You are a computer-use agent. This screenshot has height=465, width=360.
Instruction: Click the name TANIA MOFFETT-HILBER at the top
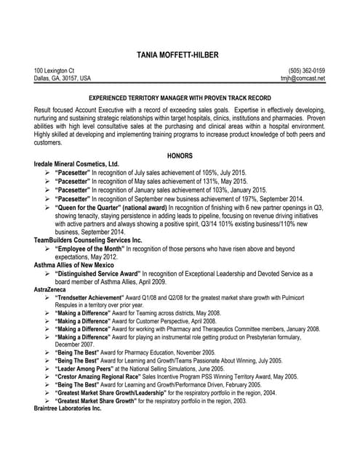[180, 54]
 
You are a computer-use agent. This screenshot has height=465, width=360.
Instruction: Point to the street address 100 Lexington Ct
[54, 70]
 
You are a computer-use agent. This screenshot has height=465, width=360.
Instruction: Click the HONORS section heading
[180, 155]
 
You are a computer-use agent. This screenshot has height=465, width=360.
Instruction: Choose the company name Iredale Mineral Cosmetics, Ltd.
[76, 164]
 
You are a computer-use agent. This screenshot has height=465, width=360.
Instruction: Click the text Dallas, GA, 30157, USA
[63, 78]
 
